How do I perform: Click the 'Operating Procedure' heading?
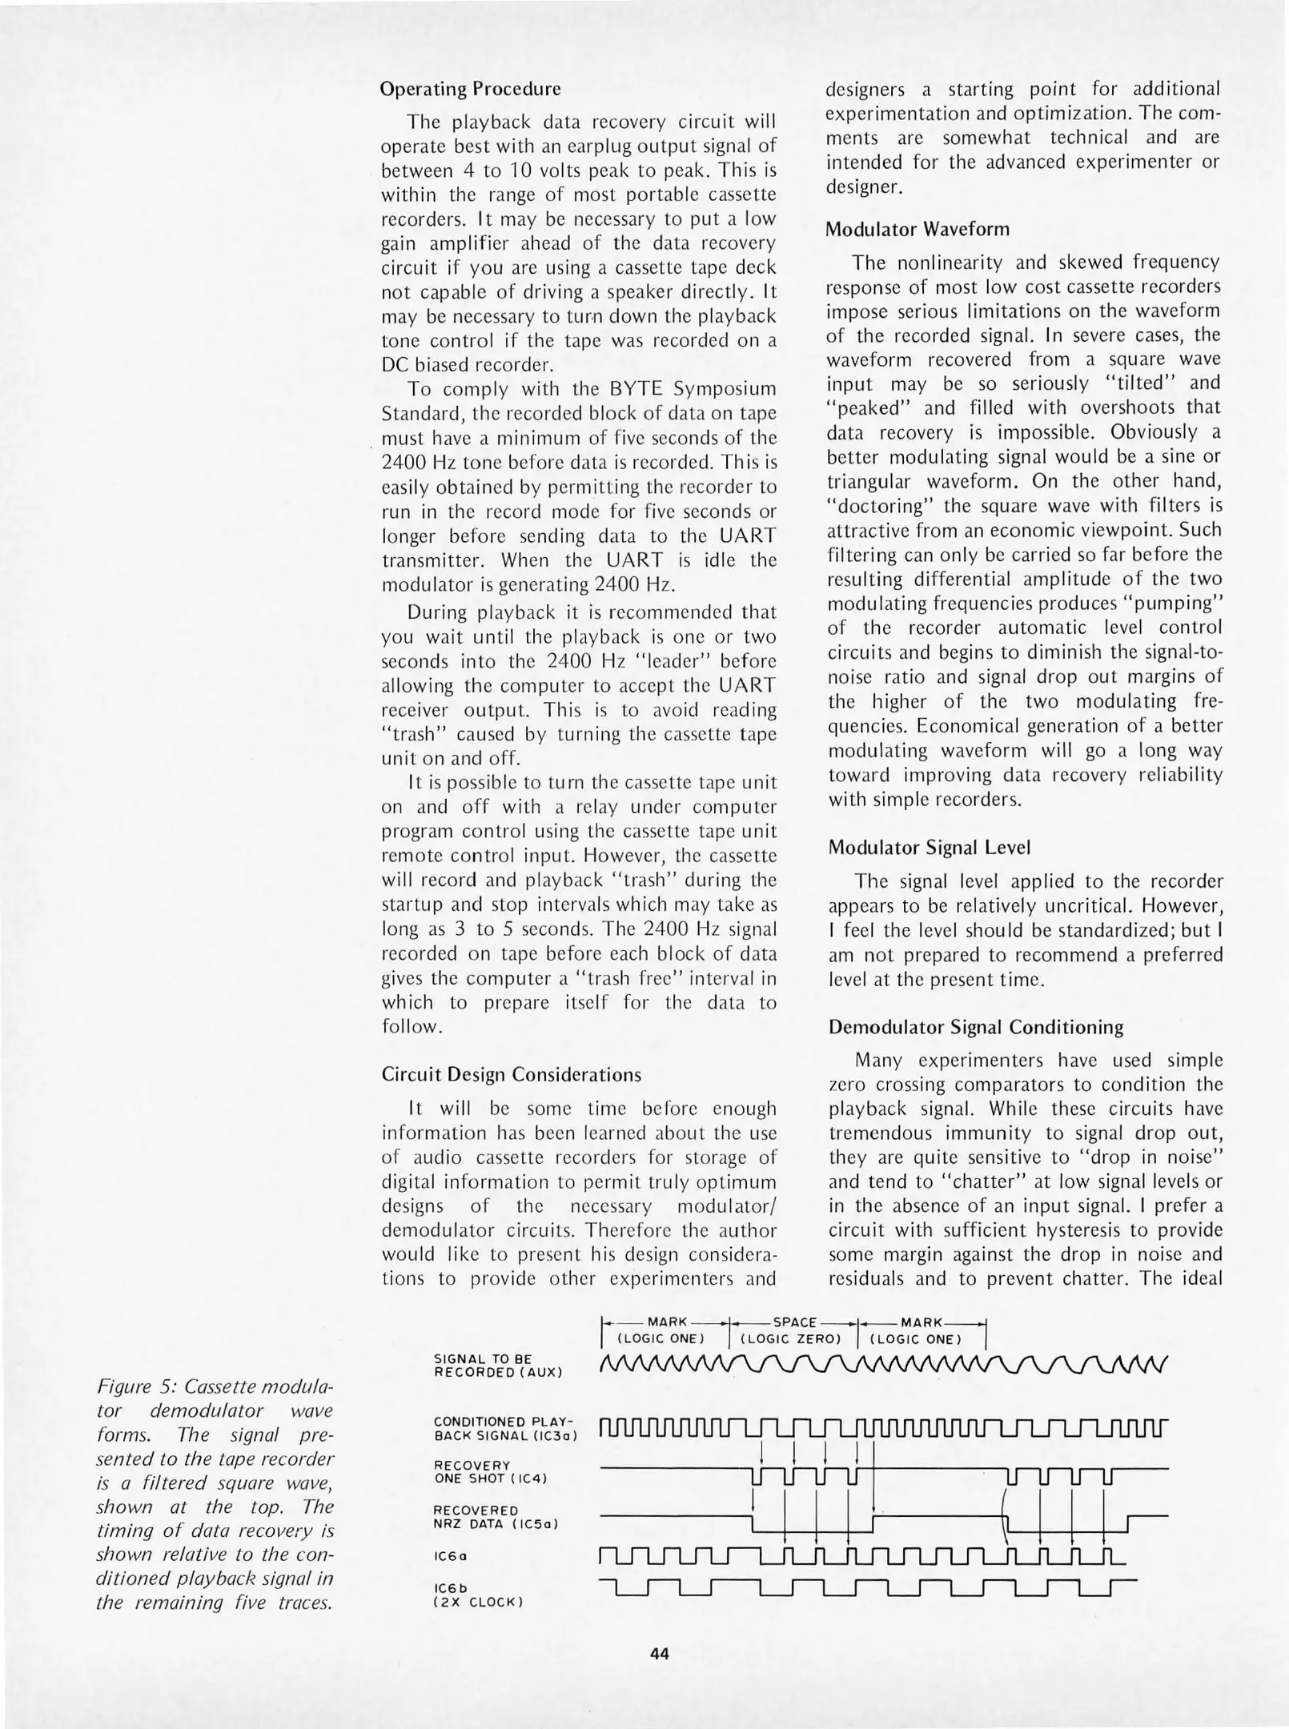471,88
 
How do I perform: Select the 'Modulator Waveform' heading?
918,229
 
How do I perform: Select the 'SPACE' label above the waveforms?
794,1322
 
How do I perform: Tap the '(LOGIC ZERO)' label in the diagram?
793,1339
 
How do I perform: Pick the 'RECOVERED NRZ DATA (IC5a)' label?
495,1518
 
